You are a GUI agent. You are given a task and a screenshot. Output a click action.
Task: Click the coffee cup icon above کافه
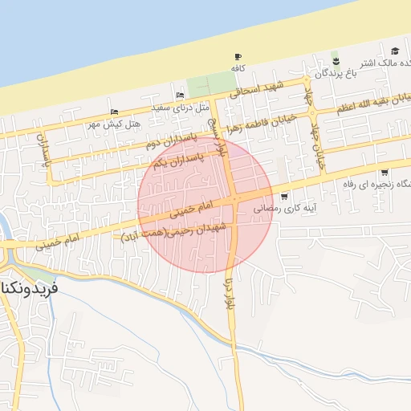(x=237, y=56)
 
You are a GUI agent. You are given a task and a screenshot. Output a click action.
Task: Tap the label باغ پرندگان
(x=333, y=74)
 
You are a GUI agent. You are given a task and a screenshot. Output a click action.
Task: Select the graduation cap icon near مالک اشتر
(x=396, y=51)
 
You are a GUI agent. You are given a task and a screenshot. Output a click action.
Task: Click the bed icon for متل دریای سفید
(x=178, y=96)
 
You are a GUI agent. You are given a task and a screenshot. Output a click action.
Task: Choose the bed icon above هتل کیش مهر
(x=114, y=112)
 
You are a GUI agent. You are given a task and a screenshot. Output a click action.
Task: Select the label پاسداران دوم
(x=171, y=137)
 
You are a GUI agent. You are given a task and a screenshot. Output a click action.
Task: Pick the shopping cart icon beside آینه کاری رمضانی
(x=284, y=196)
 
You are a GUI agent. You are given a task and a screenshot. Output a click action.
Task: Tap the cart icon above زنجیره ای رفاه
(x=385, y=172)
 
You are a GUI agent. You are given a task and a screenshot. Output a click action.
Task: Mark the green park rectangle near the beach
(x=208, y=83)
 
